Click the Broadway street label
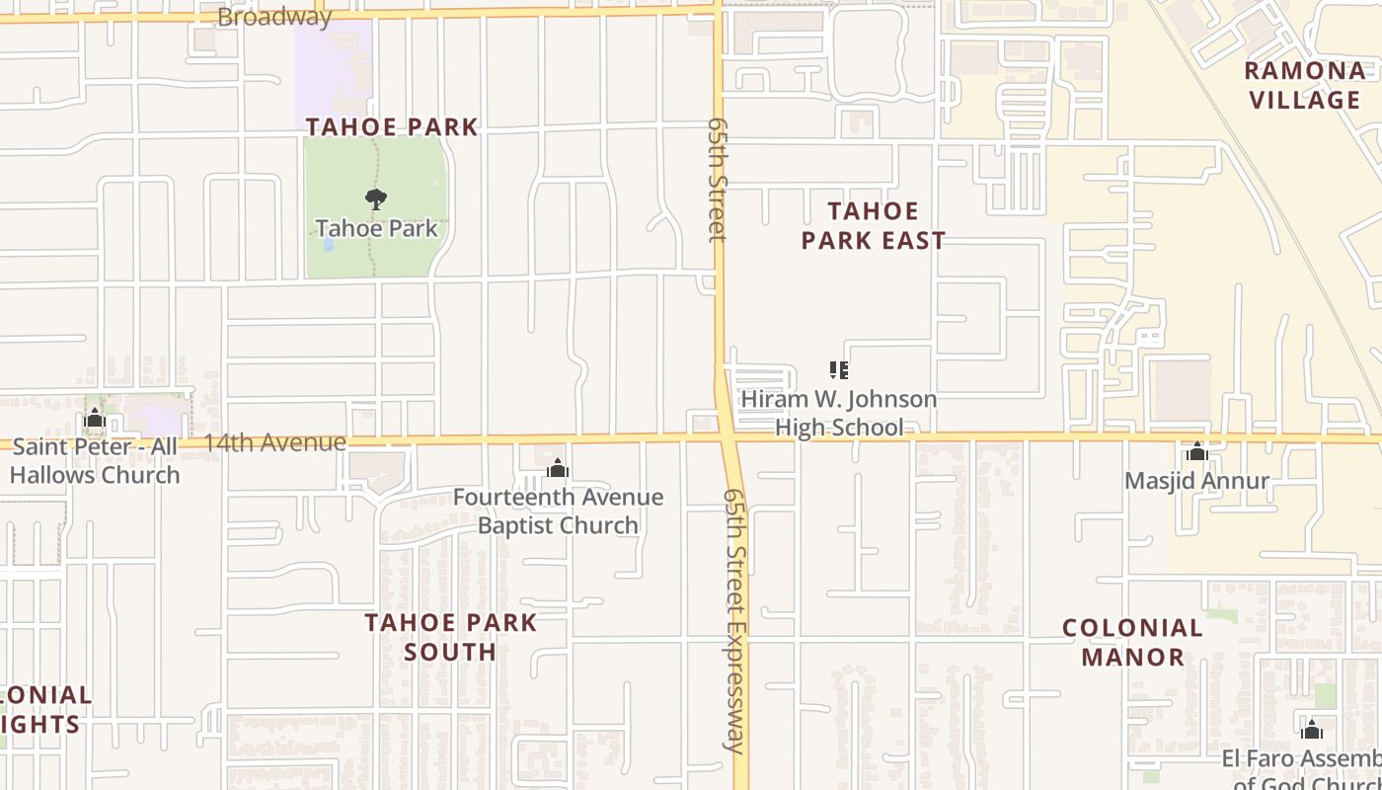point(274,17)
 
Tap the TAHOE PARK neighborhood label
point(392,126)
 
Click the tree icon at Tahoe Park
point(375,199)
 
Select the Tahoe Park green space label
point(376,228)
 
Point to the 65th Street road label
point(717,180)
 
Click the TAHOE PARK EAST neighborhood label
point(873,225)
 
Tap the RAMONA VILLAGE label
point(1305,85)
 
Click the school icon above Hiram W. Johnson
point(839,370)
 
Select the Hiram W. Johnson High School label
point(838,413)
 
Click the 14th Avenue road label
point(274,442)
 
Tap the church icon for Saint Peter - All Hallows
point(95,419)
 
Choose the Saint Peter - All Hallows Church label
point(95,460)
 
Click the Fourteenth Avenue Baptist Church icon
point(558,468)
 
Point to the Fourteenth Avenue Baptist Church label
point(558,511)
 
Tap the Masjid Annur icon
point(1197,452)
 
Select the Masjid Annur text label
point(1197,481)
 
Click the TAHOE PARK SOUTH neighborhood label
point(450,637)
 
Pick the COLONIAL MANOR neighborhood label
point(1132,642)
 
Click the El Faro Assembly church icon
point(1312,730)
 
